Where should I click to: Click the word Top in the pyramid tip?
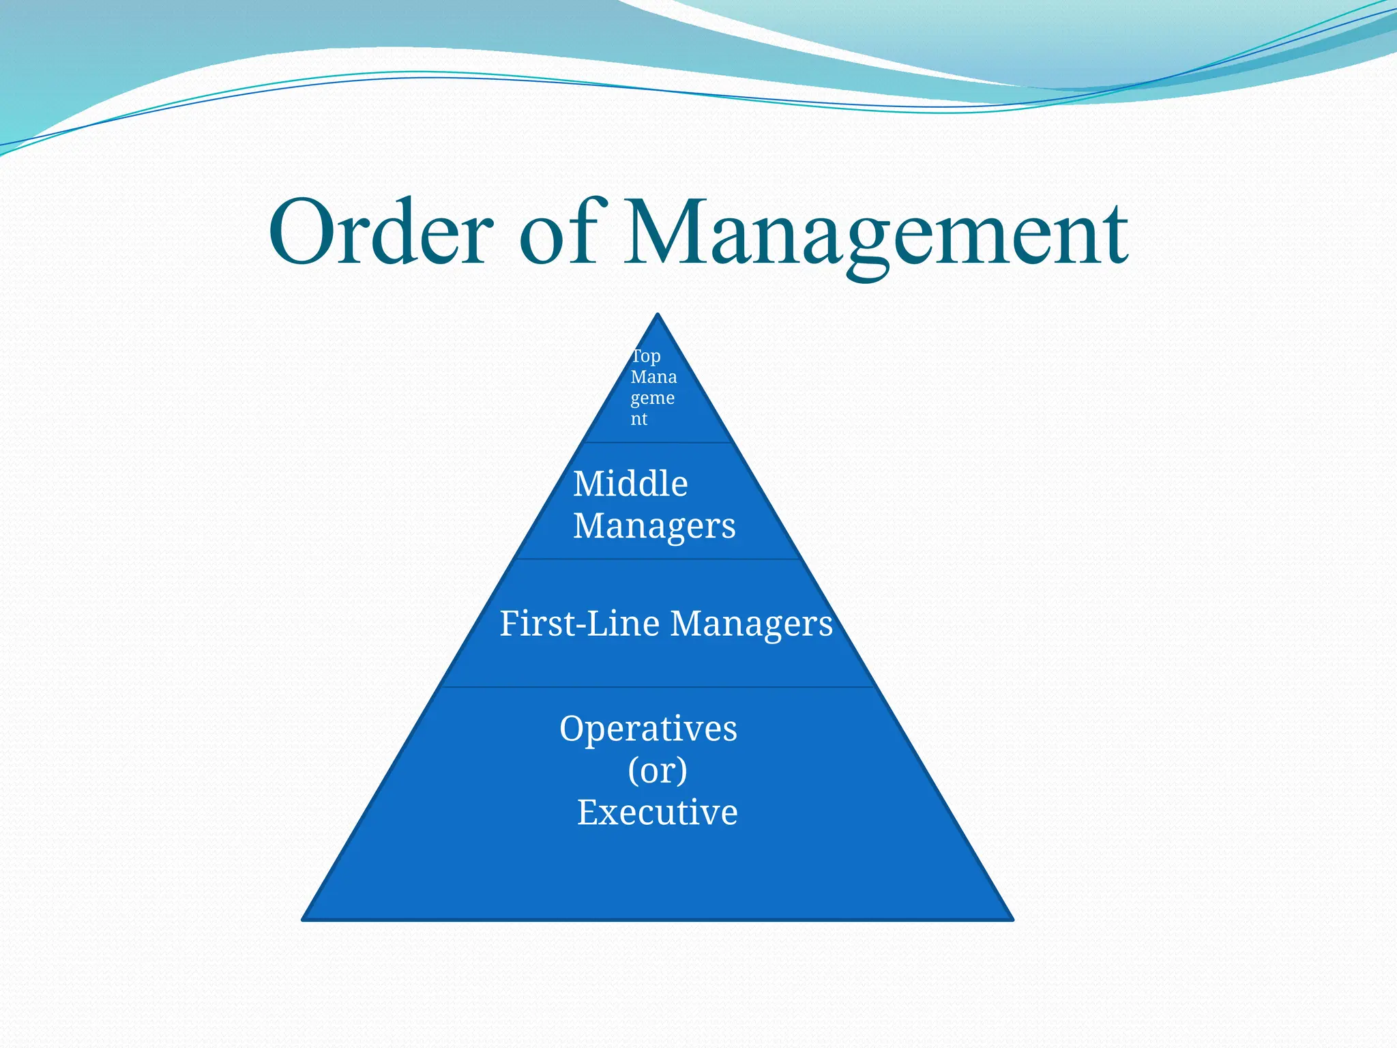point(645,356)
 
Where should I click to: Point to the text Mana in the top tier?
point(653,377)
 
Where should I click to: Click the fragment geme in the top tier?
point(652,398)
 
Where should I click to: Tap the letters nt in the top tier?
point(638,418)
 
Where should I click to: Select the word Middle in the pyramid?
point(630,484)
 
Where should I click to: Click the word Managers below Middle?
point(654,526)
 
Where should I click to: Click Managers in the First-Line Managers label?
point(751,624)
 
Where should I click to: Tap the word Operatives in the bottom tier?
point(648,728)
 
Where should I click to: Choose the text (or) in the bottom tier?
point(657,770)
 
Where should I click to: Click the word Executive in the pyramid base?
point(657,813)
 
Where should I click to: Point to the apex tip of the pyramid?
point(658,315)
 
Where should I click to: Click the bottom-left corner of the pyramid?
point(304,919)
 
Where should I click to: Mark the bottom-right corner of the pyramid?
point(1012,919)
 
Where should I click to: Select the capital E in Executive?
point(586,812)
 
